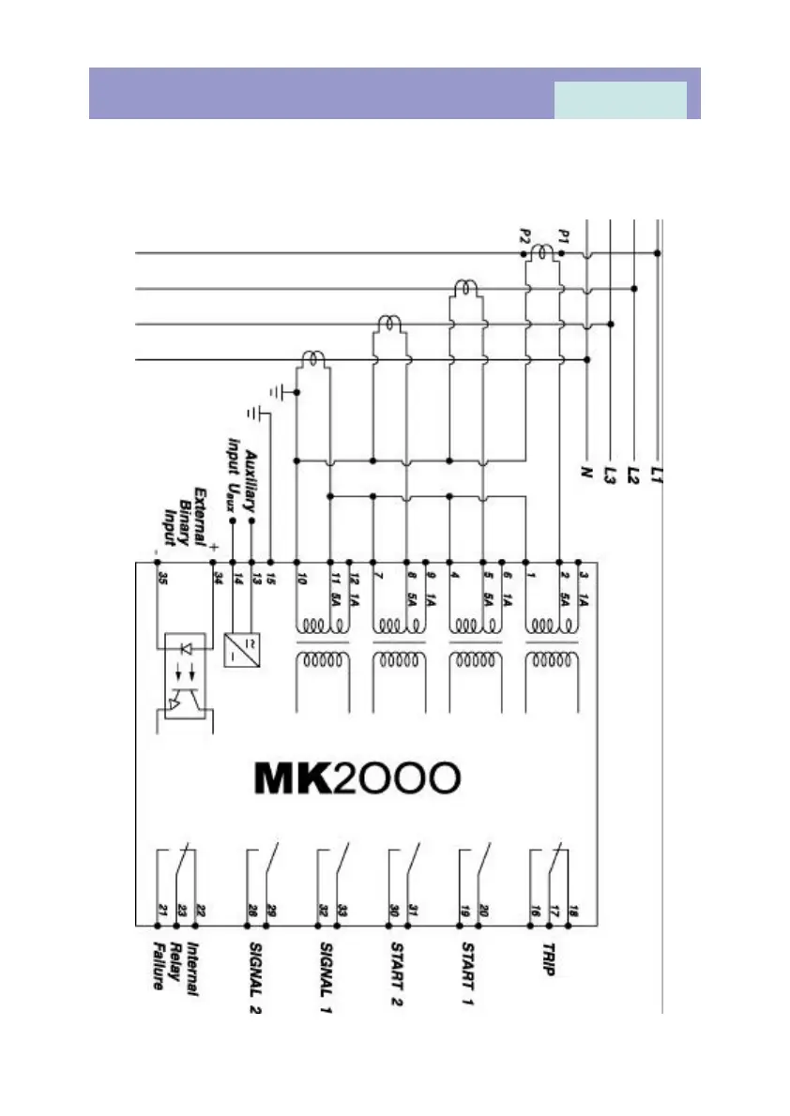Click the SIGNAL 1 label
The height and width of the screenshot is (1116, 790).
[x=326, y=975]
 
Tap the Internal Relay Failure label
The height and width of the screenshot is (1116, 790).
[x=175, y=970]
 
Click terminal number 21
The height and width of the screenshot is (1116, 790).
[x=162, y=910]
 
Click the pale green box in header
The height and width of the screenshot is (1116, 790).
[x=620, y=99]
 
